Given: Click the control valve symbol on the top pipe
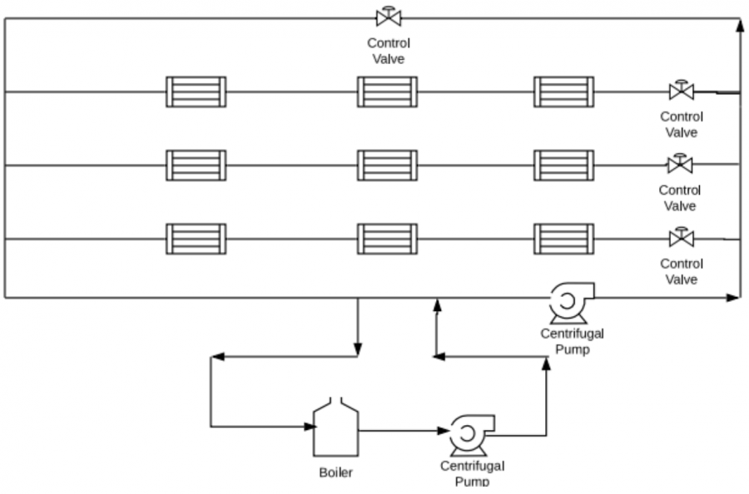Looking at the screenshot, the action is pos(389,17).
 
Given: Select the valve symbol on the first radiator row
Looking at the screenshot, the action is pos(681,90).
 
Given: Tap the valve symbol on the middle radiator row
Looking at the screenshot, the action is pos(680,164).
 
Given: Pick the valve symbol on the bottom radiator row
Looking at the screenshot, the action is pos(681,237).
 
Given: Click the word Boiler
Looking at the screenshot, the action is pos(336,472).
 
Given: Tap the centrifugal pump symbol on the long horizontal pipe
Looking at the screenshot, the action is pos(571,303).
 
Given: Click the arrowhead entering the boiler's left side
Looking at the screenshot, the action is pos(310,427).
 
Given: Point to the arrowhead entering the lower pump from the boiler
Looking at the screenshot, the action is pos(444,431).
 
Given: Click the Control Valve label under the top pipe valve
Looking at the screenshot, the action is pos(389,51).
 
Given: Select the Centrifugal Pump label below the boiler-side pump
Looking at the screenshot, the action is pos(472,473).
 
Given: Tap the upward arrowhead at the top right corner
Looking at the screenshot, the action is pos(740,26).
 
